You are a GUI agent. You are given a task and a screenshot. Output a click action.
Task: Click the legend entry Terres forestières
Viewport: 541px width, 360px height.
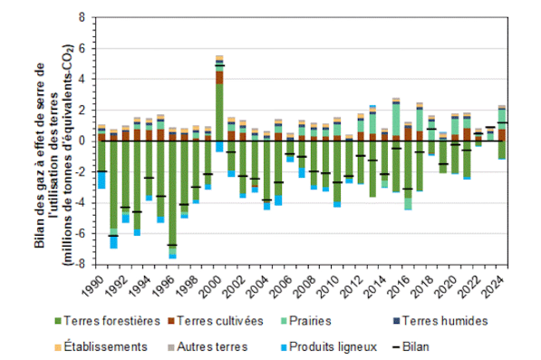[107, 321]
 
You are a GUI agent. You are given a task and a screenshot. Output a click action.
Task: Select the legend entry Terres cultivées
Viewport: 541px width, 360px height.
[216, 321]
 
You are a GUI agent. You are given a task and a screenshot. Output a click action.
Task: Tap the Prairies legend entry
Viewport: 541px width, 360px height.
[306, 321]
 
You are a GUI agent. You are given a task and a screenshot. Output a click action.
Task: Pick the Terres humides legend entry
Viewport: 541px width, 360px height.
[440, 321]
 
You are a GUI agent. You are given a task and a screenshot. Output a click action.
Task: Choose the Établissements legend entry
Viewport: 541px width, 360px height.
[101, 346]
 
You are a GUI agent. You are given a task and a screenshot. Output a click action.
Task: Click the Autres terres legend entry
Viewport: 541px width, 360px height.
[208, 346]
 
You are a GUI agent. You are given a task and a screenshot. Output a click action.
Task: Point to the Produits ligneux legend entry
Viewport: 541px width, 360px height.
[329, 346]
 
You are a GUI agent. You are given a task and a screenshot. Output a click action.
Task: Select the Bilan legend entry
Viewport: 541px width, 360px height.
[411, 346]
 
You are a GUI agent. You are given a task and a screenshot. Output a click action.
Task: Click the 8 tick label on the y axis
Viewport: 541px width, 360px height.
[82, 17]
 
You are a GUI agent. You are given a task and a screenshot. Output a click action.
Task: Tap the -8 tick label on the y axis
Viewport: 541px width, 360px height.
[80, 265]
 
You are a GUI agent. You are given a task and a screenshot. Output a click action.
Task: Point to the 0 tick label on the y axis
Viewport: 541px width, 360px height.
[82, 141]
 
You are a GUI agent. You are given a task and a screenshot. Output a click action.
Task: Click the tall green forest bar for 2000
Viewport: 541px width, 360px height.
[219, 112]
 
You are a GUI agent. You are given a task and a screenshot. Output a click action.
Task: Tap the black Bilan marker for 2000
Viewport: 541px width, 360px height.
[219, 65]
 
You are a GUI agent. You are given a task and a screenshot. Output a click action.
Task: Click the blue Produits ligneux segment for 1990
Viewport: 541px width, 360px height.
[101, 180]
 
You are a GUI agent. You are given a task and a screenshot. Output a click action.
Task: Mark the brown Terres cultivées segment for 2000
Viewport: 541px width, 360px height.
[219, 78]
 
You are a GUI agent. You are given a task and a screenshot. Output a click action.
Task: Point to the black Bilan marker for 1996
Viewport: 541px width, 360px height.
[172, 245]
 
